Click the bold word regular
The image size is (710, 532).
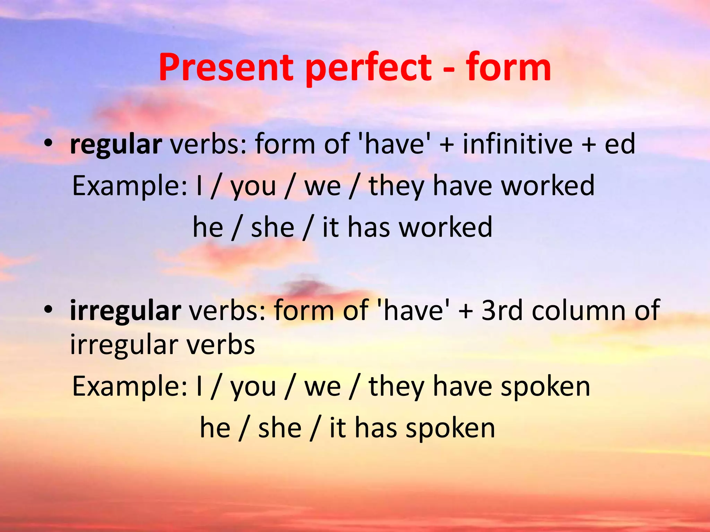coord(116,145)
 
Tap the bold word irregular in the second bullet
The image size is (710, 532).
coord(125,311)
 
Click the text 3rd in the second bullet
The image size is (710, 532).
coord(502,311)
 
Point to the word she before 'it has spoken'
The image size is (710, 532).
coord(280,428)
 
